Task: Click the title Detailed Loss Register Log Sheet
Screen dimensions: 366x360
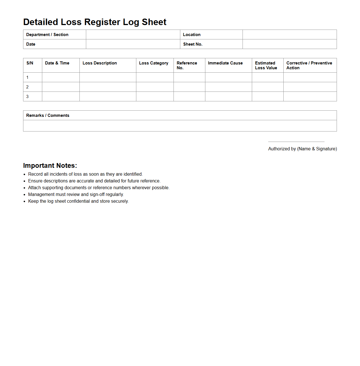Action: [95, 22]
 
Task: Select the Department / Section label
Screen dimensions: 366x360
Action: [47, 35]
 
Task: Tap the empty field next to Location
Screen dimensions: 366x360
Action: [290, 35]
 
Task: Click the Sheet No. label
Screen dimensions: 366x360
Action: [193, 44]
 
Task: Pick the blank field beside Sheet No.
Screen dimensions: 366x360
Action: [290, 44]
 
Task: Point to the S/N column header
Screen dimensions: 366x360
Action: [30, 63]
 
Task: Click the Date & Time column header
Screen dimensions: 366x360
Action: [57, 63]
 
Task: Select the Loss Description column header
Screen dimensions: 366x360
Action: [100, 63]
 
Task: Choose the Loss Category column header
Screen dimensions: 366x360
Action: [154, 63]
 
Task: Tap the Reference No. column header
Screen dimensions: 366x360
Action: [187, 65]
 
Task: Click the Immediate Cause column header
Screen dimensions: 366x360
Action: [225, 63]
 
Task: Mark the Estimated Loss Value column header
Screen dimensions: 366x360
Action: [266, 65]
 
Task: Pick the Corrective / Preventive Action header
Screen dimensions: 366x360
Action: [309, 65]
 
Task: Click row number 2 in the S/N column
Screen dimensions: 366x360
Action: [27, 87]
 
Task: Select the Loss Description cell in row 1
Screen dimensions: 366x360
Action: [108, 77]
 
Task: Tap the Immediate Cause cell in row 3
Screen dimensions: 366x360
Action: [228, 97]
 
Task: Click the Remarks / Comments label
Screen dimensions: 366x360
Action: [48, 115]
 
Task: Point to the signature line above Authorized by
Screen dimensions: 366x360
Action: [296, 142]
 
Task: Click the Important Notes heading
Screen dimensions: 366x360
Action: [50, 166]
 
